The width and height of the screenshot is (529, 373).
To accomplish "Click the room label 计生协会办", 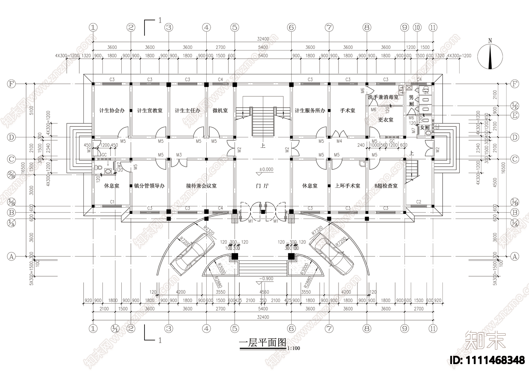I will tap(112, 111).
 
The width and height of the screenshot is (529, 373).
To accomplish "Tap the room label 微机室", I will tap(220, 111).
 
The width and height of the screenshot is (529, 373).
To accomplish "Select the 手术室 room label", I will tap(347, 111).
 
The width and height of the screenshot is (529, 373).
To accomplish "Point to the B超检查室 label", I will tap(386, 186).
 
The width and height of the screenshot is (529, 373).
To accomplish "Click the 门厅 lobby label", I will tap(263, 186).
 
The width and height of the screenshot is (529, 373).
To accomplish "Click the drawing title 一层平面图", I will tap(263, 343).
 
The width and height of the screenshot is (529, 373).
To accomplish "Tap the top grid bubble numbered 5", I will tap(235, 27).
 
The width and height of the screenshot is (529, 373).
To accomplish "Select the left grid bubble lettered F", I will tap(12, 84).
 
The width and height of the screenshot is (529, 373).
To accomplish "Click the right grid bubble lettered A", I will tap(514, 256).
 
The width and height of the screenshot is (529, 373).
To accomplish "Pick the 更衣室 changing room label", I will tap(386, 120).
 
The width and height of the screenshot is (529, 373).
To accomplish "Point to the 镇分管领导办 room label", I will tap(149, 186).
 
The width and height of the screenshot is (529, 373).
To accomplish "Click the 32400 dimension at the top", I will tap(263, 39).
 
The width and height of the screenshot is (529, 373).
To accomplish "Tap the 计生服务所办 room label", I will tap(310, 111).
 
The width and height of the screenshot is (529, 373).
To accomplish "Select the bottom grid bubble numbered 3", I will tap(169, 328).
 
